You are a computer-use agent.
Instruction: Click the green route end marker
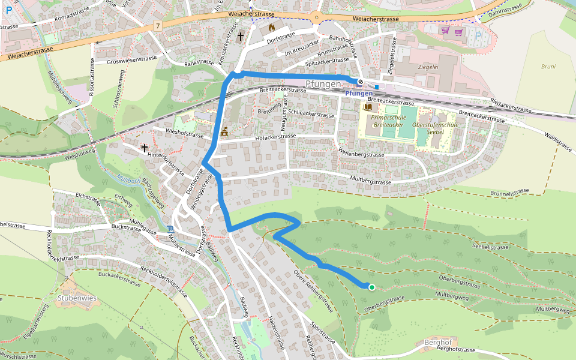(x=371, y=287)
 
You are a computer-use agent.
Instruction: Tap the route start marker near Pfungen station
(x=361, y=82)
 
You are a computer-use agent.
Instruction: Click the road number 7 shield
(x=158, y=26)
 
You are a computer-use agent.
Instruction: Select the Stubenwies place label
(x=77, y=297)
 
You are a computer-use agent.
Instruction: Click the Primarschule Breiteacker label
(x=385, y=121)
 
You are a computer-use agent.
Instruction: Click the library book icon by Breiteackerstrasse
(x=368, y=107)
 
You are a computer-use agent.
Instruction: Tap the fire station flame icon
(x=272, y=28)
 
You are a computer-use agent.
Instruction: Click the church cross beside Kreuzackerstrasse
(x=241, y=37)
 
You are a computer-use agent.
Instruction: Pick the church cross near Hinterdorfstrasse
(x=144, y=147)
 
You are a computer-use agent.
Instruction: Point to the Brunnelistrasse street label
(x=502, y=193)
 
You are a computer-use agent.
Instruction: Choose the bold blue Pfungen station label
(x=359, y=94)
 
